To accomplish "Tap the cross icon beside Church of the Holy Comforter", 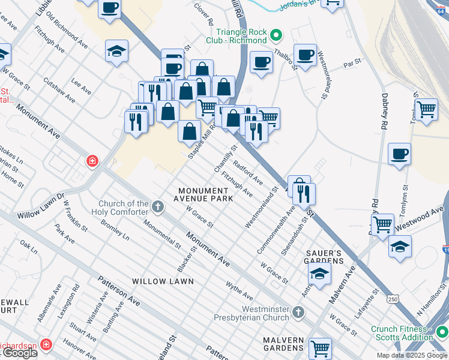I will coord(157,207).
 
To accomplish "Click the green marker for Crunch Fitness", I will coord(441,331).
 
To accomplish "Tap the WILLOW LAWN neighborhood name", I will coord(163,281).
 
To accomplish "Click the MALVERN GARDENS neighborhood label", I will coord(283,344).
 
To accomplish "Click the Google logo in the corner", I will coord(19,353).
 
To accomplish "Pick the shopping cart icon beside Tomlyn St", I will coord(426,109).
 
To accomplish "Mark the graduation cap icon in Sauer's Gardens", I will coord(320,274).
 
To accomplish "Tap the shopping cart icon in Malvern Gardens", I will coord(320,347).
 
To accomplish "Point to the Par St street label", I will coord(352,62).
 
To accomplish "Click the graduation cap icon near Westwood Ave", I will coord(400,246).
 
